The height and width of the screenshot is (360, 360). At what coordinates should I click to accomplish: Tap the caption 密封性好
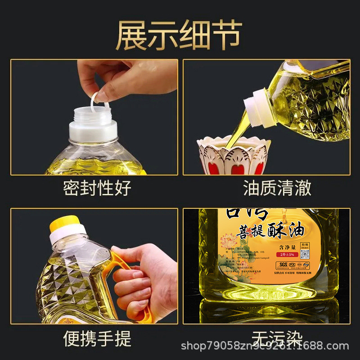click(97, 188)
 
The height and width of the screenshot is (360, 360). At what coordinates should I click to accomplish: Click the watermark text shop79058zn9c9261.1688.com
click(265, 346)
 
